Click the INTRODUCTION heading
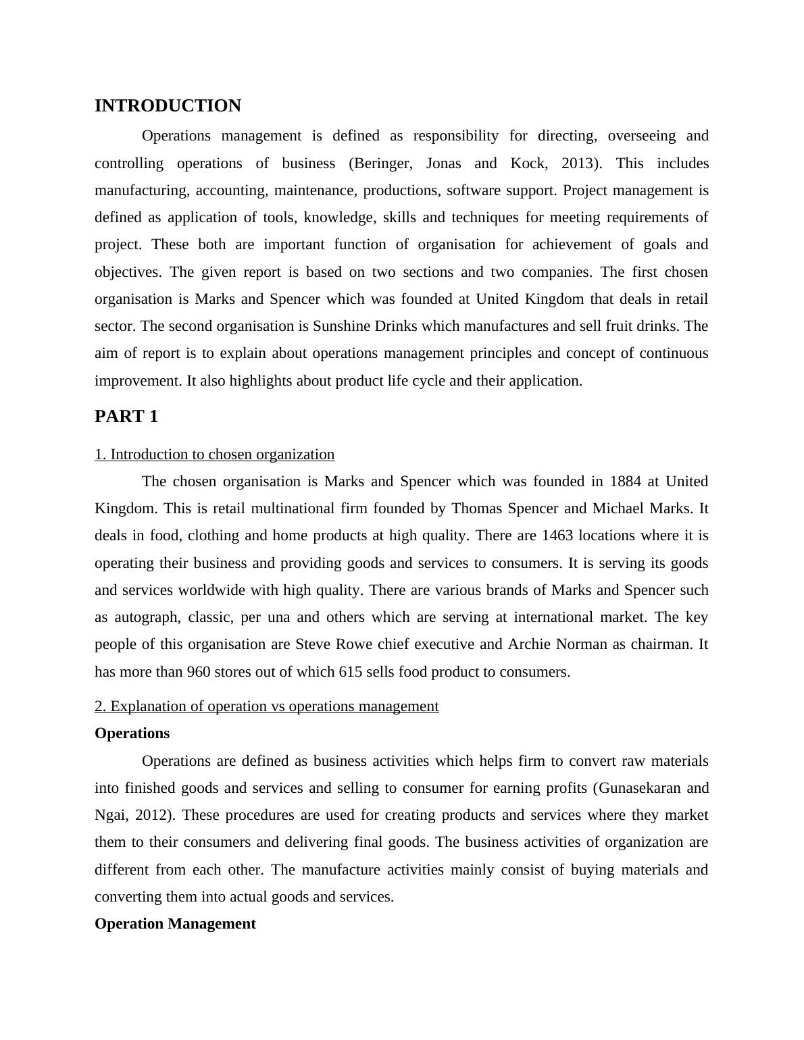(x=168, y=106)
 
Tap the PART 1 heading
(x=126, y=417)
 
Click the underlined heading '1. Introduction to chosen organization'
(x=215, y=454)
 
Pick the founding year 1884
(x=625, y=482)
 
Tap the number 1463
(x=558, y=536)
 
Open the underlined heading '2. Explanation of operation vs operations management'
(x=267, y=706)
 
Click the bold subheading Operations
(x=132, y=733)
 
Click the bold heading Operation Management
(x=175, y=924)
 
